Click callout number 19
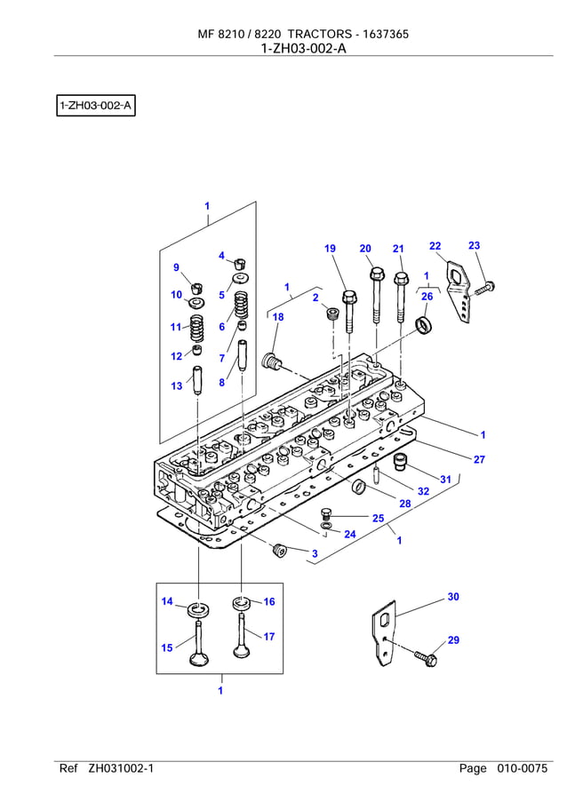click(x=330, y=249)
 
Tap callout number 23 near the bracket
click(x=474, y=245)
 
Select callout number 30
click(x=453, y=598)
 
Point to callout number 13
click(x=177, y=386)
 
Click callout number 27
click(x=479, y=459)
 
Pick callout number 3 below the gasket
click(x=315, y=554)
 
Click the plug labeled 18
click(x=271, y=361)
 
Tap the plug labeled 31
click(x=401, y=461)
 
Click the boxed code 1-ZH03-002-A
click(x=95, y=107)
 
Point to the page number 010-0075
click(x=523, y=769)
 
